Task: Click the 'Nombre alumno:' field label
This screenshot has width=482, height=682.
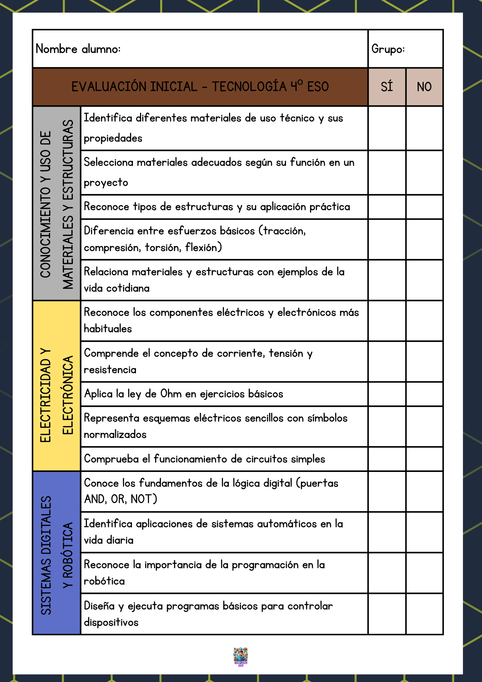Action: coord(78,49)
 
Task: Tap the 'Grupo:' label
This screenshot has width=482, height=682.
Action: coord(388,49)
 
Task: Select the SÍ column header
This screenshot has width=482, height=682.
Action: coord(387,87)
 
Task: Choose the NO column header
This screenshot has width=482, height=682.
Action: coord(424,87)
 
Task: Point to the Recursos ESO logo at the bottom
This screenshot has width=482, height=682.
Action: coord(241,656)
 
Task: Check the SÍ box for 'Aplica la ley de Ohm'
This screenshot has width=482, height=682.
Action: coord(387,394)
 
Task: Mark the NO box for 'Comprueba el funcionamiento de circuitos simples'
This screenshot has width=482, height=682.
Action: coord(424,459)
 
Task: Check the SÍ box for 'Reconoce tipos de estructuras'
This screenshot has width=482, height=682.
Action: coord(387,207)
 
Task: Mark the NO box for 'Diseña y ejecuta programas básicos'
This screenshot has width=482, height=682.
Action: coord(424,614)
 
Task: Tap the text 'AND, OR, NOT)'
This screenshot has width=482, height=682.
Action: coord(120,499)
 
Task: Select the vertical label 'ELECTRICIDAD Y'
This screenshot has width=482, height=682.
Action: coord(46,396)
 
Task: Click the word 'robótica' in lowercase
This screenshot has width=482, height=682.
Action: coord(104,581)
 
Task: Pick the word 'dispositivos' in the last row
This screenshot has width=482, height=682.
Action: coord(111,622)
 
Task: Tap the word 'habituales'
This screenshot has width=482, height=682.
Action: coord(108,329)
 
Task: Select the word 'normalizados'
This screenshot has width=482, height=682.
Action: coord(115,435)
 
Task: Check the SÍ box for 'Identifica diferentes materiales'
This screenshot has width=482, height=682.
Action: coord(387,128)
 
